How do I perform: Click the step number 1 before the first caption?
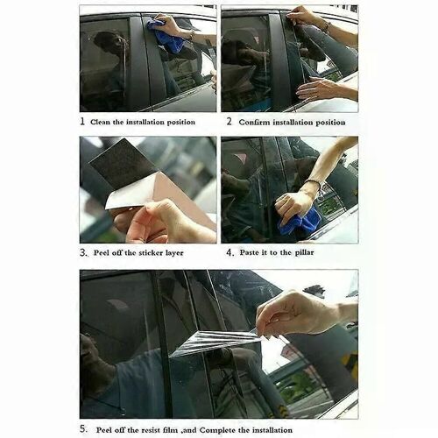83,123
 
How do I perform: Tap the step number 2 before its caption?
229,123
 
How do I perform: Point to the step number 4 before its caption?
230,252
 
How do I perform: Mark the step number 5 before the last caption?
84,429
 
